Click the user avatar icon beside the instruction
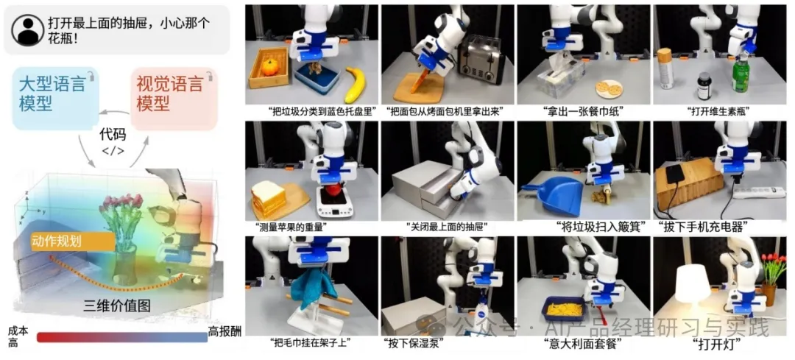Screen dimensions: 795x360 tap(27, 30)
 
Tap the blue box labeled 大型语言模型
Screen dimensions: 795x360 tap(54, 97)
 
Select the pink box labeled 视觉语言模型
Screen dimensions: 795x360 tap(174, 97)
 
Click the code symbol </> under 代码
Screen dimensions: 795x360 tap(113, 151)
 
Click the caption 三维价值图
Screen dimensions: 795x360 tap(118, 306)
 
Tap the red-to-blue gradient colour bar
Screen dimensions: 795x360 tap(122, 337)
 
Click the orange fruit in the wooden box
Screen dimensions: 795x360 tap(269, 67)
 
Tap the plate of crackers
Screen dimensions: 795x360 tap(608, 89)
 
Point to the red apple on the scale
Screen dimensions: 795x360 tap(333, 191)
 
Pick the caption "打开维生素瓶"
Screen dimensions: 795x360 tap(718, 110)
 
